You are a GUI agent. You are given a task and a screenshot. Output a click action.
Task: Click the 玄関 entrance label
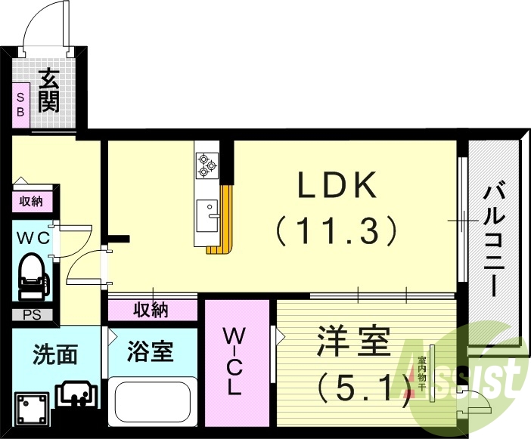pyautogui.click(x=48, y=90)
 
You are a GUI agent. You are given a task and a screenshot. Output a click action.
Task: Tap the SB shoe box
pyautogui.click(x=20, y=104)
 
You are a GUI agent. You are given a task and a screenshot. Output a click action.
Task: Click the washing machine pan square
pyautogui.click(x=30, y=409)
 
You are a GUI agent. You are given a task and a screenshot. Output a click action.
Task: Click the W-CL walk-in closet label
pyautogui.click(x=235, y=361)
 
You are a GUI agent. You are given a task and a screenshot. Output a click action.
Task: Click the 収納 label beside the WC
pyautogui.click(x=31, y=201)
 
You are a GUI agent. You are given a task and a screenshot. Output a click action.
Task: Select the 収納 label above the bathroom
pyautogui.click(x=151, y=310)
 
